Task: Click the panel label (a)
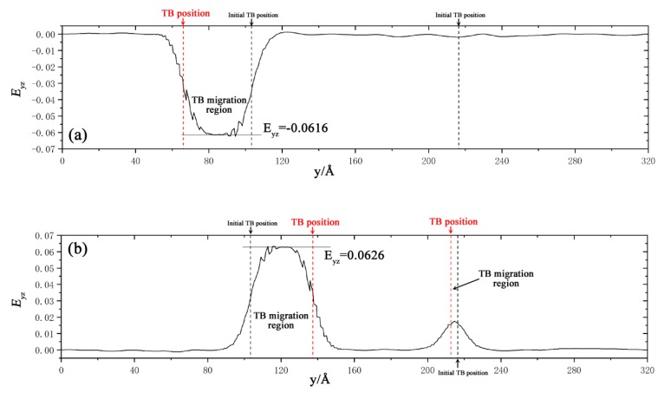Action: (x=78, y=134)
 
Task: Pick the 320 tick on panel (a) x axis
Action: (x=646, y=161)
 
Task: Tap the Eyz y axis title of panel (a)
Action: (x=15, y=89)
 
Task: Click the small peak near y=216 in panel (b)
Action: (x=453, y=323)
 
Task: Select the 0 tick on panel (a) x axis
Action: (x=62, y=161)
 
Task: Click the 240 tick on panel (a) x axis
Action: (x=500, y=161)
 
